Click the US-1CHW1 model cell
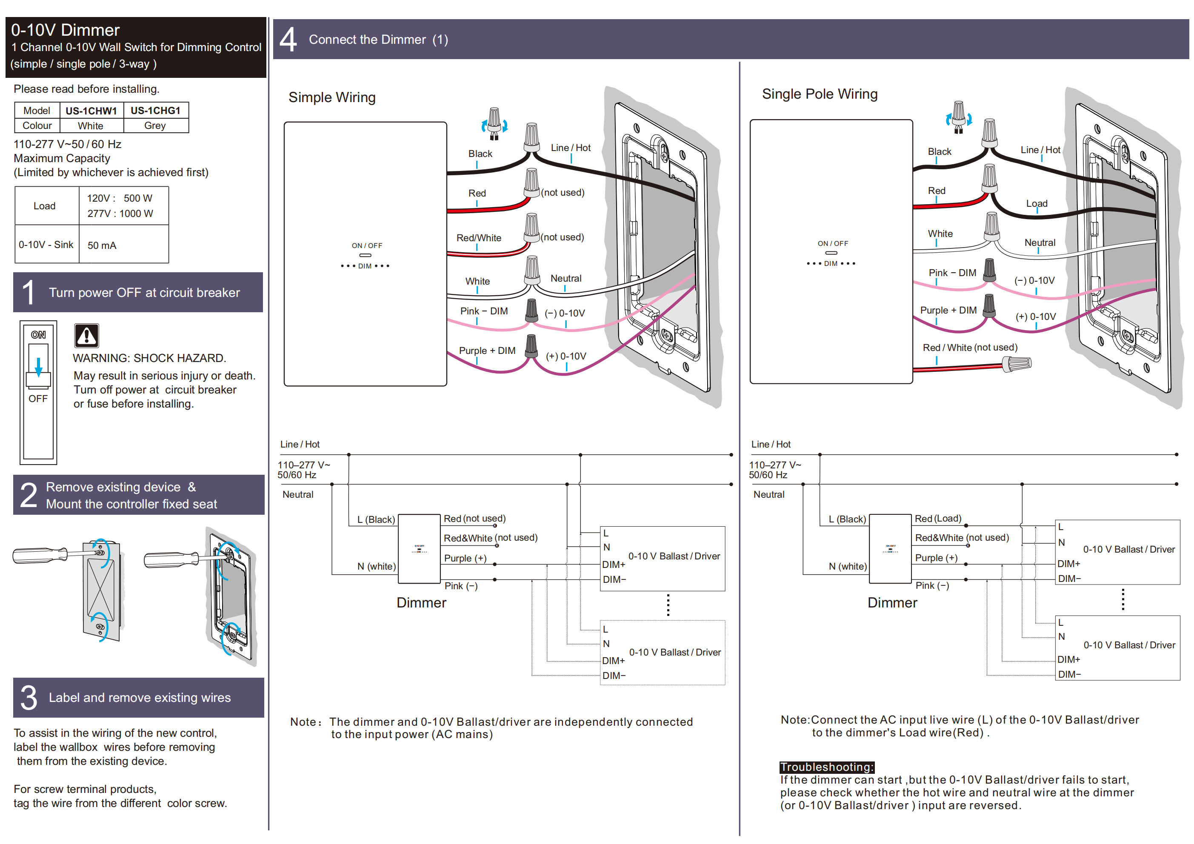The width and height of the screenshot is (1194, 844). tap(91, 111)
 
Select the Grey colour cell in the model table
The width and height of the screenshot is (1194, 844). tap(155, 126)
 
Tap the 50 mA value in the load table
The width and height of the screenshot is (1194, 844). tap(102, 245)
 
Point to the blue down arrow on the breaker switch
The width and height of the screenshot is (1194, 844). tap(38, 367)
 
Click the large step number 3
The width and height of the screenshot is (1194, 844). tap(29, 698)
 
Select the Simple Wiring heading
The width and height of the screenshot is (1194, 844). tap(332, 98)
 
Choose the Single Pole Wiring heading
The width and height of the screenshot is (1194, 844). tap(820, 94)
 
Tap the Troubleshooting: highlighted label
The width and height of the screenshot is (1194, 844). tap(826, 767)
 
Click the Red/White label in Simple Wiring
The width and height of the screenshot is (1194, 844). tap(478, 238)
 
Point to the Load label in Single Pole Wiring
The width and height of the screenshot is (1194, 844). tap(1037, 204)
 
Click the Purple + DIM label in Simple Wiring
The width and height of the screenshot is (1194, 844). tap(487, 351)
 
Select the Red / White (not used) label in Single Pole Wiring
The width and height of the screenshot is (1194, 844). tap(970, 348)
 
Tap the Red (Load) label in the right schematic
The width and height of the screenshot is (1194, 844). tap(937, 519)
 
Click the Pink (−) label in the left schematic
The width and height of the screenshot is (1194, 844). tap(461, 586)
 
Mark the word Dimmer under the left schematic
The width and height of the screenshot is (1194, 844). tap(421, 603)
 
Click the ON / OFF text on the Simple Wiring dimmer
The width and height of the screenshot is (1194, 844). tap(367, 246)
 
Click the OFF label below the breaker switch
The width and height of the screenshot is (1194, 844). tap(38, 399)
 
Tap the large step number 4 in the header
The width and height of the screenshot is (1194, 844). tap(288, 40)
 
